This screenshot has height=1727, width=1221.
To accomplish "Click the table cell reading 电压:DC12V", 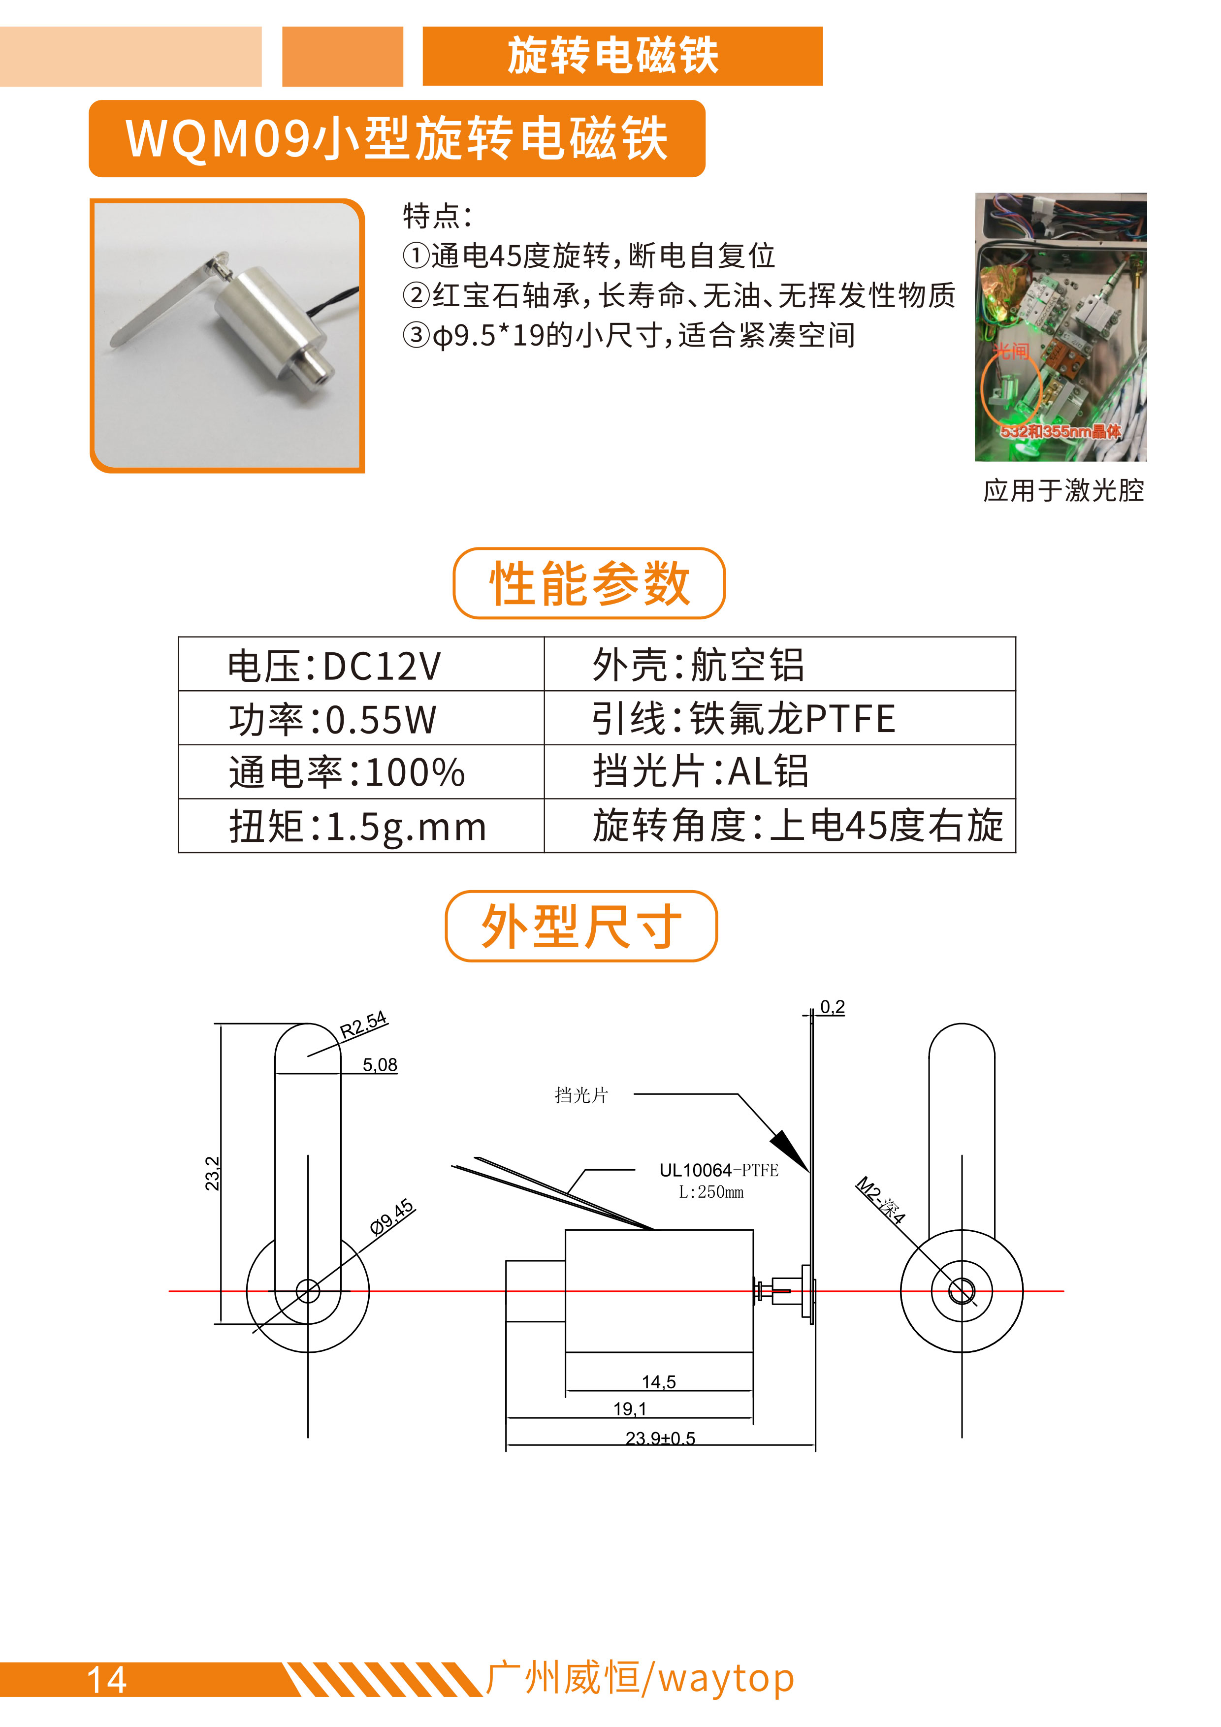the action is point(361,664).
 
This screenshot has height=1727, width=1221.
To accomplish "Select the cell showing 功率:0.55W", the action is point(361,718).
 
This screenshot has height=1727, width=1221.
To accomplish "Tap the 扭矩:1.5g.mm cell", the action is point(361,826).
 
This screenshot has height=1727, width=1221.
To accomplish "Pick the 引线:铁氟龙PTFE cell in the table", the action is point(779,718).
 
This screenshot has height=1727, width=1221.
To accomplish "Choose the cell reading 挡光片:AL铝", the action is point(779,772).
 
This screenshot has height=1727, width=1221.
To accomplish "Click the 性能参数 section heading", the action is point(589,583).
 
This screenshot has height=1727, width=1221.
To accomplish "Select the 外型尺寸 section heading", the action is point(581,926).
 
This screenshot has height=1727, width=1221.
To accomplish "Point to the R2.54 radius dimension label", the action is point(363,1024).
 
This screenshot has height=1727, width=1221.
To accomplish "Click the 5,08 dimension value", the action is point(380,1064).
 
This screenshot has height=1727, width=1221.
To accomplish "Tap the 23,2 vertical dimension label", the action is point(212,1173).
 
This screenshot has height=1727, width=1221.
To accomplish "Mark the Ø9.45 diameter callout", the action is point(392,1217).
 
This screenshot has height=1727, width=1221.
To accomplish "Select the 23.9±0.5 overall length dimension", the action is point(661,1438).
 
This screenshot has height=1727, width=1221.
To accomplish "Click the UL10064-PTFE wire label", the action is point(718,1170).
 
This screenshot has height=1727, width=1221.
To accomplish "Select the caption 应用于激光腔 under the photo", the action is point(1063,490).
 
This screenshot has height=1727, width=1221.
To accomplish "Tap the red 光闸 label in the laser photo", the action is point(1010,352).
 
